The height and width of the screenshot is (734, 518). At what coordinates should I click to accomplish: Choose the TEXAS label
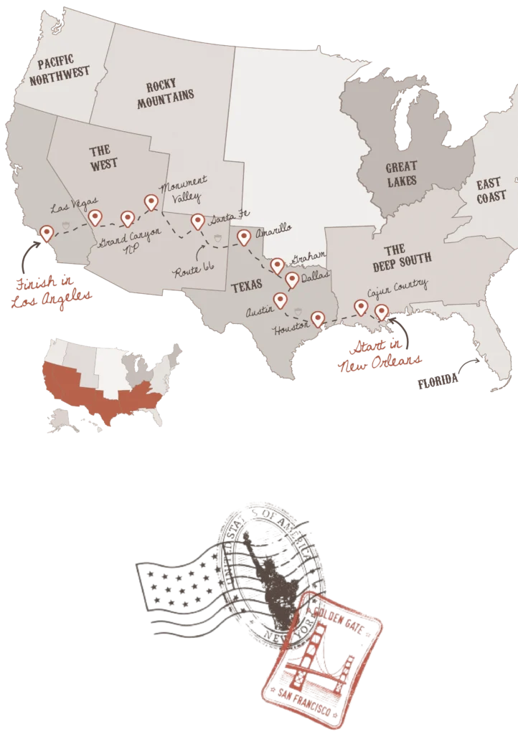[x=245, y=287]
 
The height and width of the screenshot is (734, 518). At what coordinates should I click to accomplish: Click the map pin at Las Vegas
[x=94, y=216]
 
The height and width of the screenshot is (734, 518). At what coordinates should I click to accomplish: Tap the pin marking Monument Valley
[x=151, y=202]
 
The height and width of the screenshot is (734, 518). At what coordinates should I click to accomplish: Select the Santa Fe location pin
[x=197, y=221]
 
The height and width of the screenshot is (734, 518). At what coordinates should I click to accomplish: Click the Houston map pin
[x=316, y=318]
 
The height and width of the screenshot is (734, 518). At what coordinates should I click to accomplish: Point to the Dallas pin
[x=291, y=279]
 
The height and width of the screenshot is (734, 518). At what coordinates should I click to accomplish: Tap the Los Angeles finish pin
[x=47, y=232]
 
